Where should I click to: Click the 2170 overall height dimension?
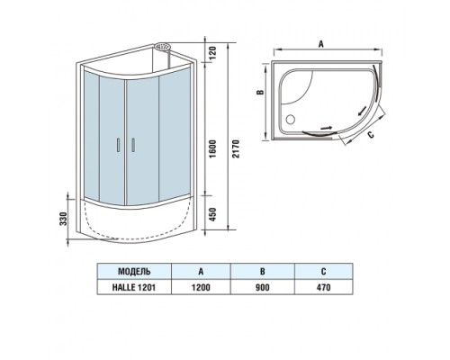[237, 148]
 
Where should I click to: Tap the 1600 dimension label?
[212, 149]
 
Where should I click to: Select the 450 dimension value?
[212, 214]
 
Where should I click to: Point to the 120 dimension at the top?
[212, 52]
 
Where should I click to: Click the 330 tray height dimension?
[63, 219]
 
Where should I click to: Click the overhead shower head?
[162, 47]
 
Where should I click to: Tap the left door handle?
[119, 145]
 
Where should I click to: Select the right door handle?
[133, 145]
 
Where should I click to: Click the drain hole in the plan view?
[290, 120]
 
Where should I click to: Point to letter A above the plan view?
[321, 44]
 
